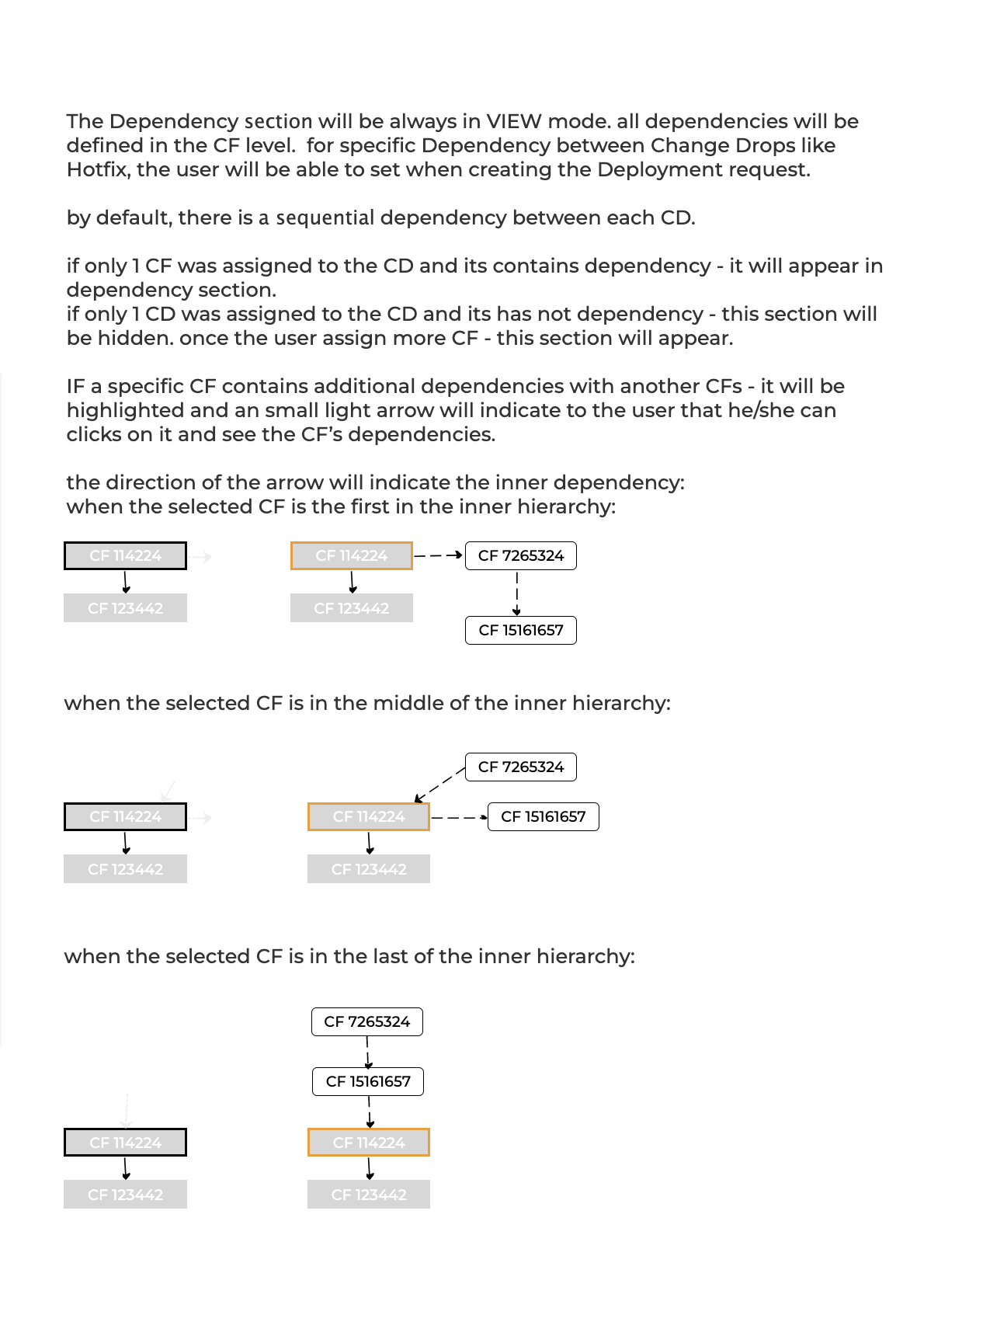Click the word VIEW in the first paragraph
tap(514, 121)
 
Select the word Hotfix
tap(97, 169)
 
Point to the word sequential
tap(325, 217)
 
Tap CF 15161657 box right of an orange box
tap(544, 816)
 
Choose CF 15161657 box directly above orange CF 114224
tap(368, 1081)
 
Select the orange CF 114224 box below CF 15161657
tap(369, 1143)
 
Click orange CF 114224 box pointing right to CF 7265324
tap(352, 555)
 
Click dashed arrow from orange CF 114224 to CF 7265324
tap(439, 555)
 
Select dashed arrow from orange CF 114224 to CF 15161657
tap(460, 817)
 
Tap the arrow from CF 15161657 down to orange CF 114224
tap(370, 1112)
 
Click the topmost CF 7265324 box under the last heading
tap(367, 1021)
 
